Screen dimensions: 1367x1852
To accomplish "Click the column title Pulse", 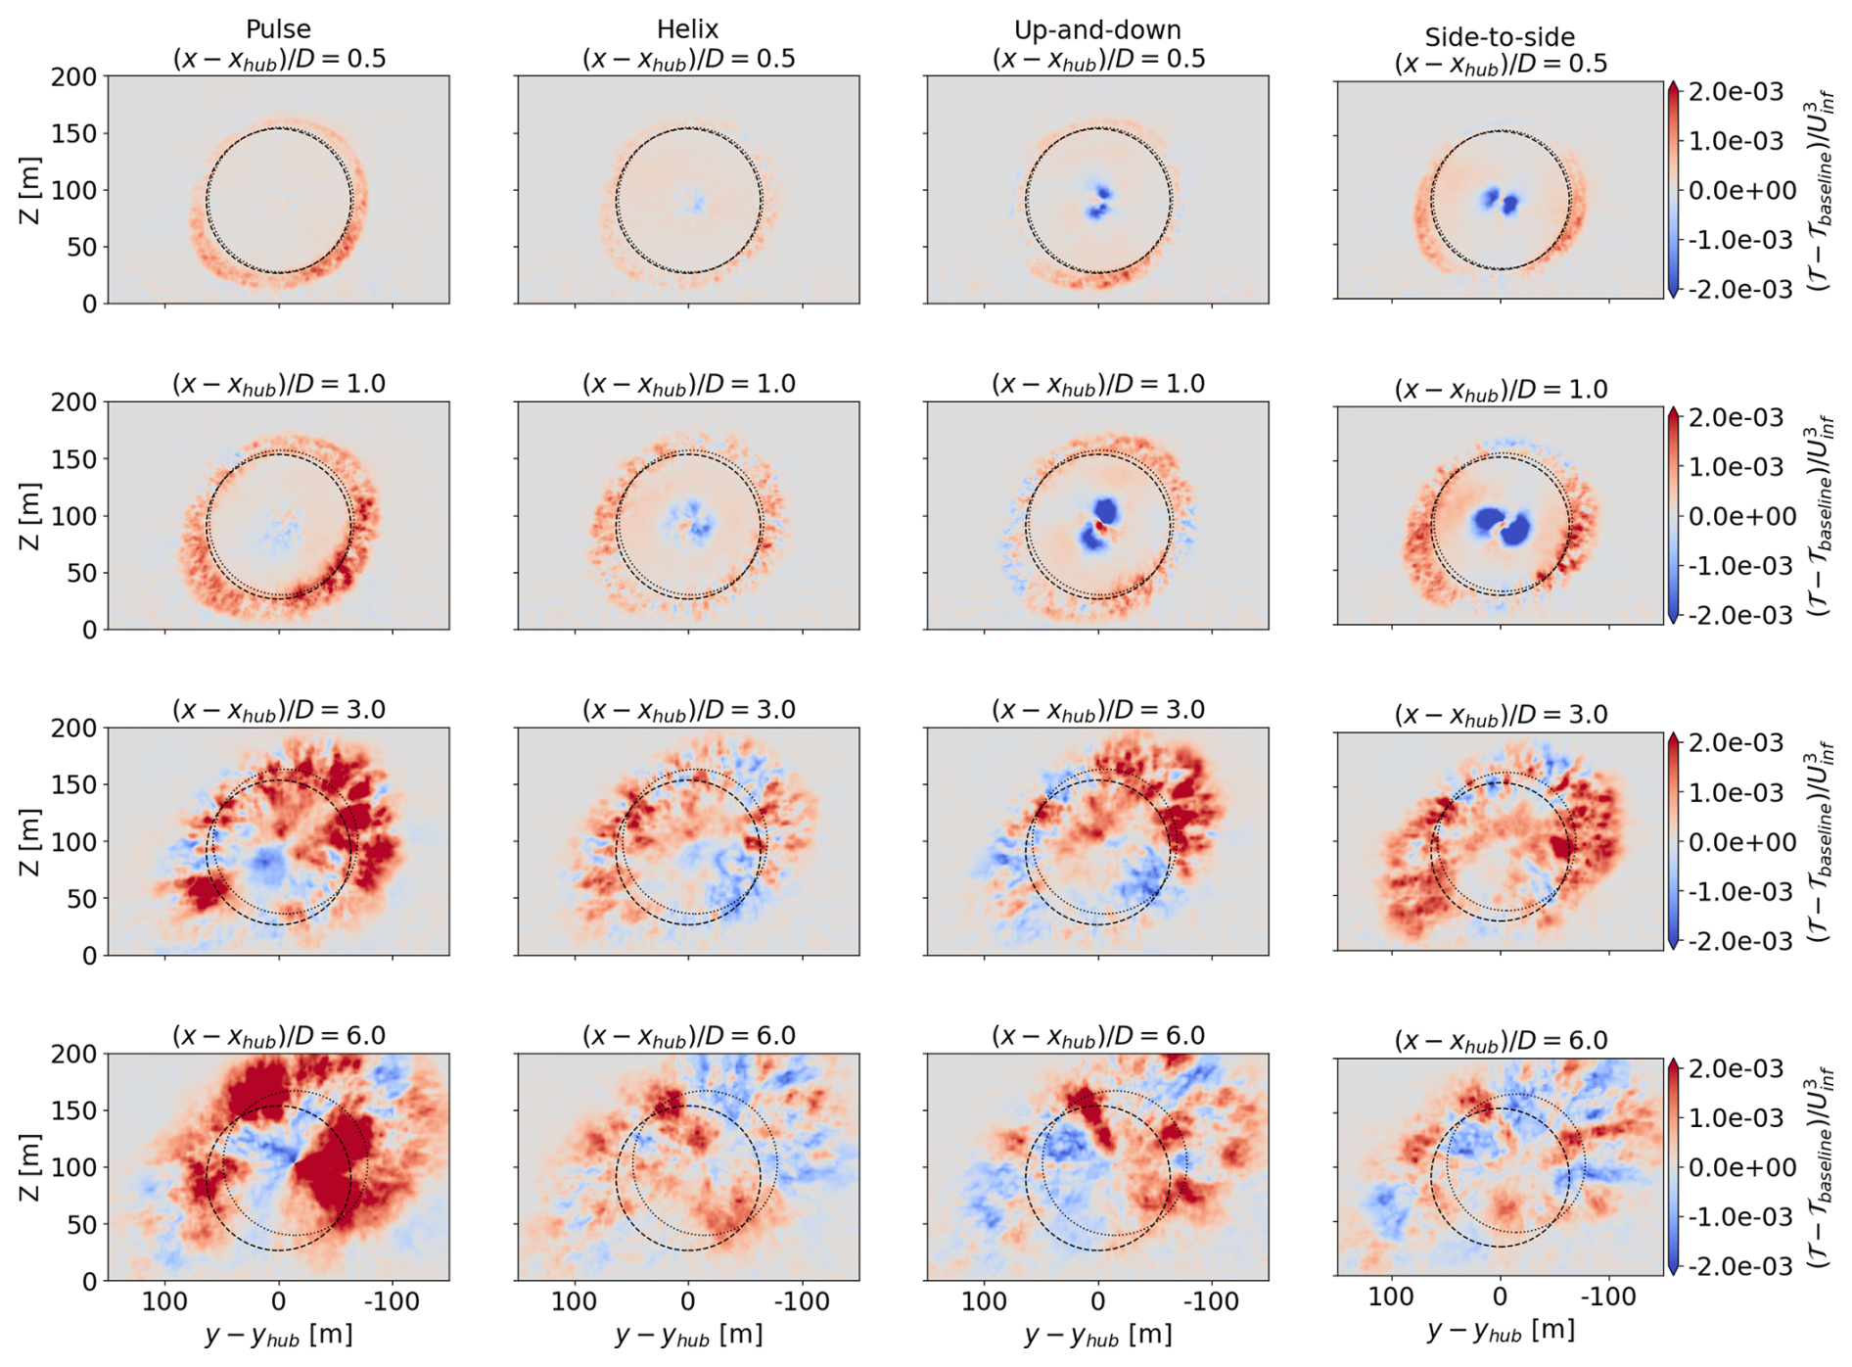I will pos(279,29).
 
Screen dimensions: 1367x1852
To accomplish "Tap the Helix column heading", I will pos(688,29).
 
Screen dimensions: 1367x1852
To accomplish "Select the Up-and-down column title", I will pos(1097,29).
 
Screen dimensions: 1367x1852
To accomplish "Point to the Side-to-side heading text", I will pos(1500,37).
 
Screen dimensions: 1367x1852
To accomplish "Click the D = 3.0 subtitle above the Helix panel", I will pos(688,710).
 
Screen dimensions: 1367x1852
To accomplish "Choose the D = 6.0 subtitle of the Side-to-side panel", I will pos(1501,1041).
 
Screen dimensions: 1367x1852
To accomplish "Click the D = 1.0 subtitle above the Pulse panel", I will pos(279,384).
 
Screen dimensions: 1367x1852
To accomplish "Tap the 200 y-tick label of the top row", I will pos(74,76).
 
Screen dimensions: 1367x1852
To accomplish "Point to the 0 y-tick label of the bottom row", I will pos(89,1281).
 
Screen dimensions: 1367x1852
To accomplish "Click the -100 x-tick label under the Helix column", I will pos(803,1301).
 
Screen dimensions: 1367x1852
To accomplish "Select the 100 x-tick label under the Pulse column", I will pos(164,1301).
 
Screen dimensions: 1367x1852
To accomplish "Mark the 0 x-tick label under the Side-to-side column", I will pos(1500,1296).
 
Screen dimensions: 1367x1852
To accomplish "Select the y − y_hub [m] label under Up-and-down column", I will pos(1097,1334).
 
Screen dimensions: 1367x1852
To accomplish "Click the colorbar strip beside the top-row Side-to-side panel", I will pos(1673,190).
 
